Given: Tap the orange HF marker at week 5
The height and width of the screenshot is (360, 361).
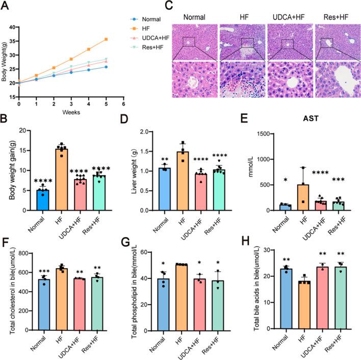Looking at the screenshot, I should pyautogui.click(x=106, y=39).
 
